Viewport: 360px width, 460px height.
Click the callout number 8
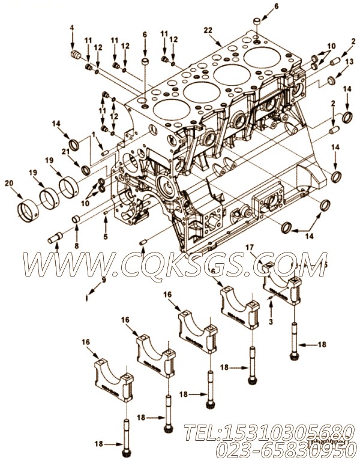(76, 245)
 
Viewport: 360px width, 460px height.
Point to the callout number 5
(106, 237)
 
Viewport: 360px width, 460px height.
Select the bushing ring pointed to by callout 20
(26, 211)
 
